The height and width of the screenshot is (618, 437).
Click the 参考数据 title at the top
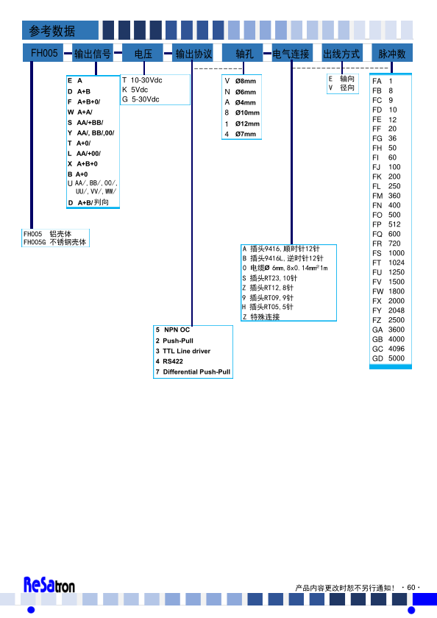pos(51,31)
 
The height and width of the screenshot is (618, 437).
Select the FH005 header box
pos(43,53)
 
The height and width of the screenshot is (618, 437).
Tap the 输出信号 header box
pos(93,53)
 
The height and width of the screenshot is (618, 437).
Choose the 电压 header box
pos(143,53)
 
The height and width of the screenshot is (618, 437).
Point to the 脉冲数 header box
pos(392,53)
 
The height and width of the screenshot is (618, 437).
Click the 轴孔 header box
pos(243,53)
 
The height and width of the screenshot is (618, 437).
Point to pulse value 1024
pos(397,263)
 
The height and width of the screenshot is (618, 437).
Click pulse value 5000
pos(397,358)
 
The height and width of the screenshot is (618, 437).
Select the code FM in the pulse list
pos(377,196)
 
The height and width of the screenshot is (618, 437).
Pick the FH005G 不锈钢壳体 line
pos(54,242)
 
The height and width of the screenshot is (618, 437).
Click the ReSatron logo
pos(49,585)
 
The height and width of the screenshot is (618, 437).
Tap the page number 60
pos(411,587)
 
